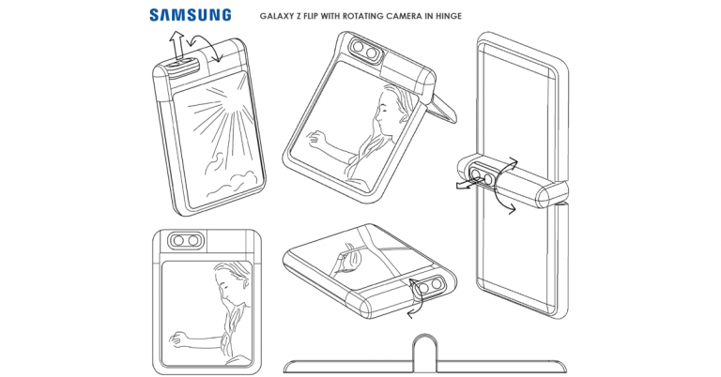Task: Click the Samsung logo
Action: point(190,14)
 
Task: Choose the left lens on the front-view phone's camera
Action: point(179,241)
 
